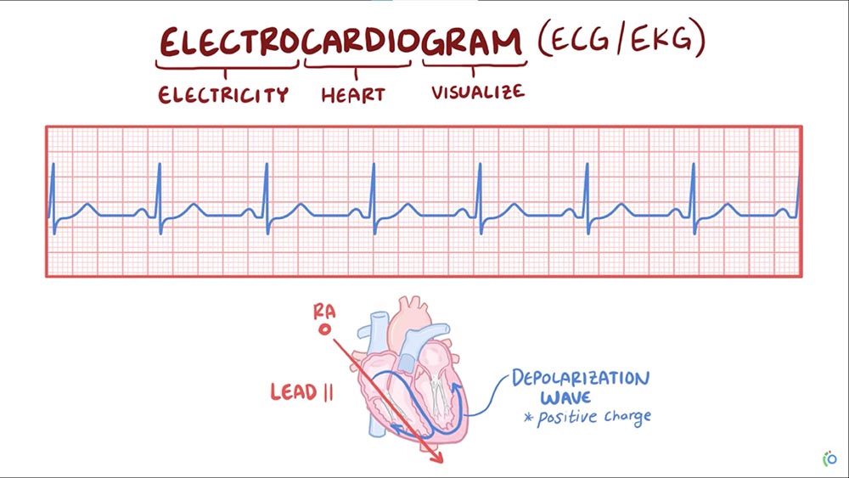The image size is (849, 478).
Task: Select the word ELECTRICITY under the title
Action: [x=223, y=94]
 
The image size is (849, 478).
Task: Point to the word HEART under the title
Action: [x=353, y=94]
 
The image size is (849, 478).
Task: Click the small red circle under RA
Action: [x=323, y=329]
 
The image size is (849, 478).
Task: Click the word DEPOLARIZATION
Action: [x=581, y=378]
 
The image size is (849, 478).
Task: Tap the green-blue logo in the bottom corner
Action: [x=829, y=458]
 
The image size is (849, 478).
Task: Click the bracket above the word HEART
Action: [x=358, y=65]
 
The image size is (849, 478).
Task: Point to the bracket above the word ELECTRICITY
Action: [x=228, y=65]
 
